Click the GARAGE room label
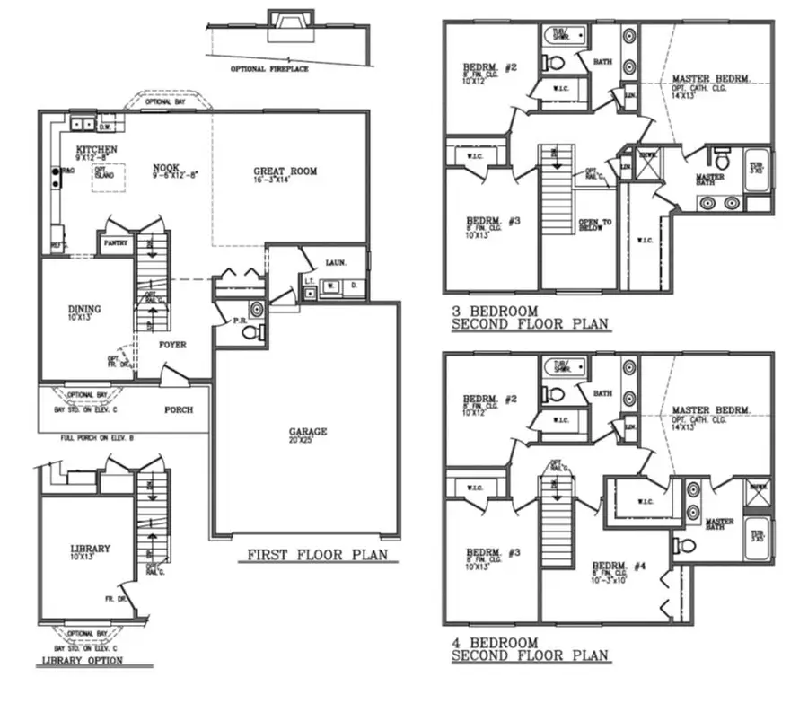click(x=307, y=432)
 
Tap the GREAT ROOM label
click(x=285, y=171)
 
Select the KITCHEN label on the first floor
click(x=96, y=149)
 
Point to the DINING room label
click(x=84, y=310)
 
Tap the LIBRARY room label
click(x=91, y=549)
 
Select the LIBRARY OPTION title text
click(x=80, y=661)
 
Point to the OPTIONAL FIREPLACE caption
click(x=269, y=69)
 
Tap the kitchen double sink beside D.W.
click(x=84, y=126)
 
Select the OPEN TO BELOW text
click(x=595, y=224)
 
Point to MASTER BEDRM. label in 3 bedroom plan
click(x=711, y=79)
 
